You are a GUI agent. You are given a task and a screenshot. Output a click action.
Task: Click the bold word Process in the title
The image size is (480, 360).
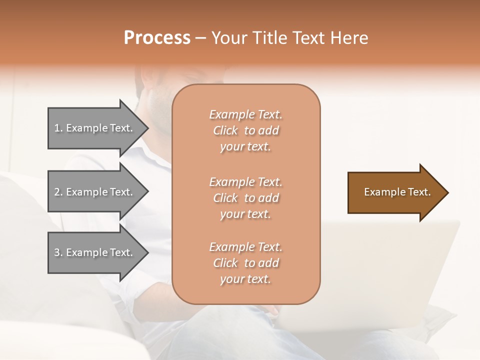pos(157,38)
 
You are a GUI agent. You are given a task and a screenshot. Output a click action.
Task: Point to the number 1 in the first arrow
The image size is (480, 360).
pos(57,128)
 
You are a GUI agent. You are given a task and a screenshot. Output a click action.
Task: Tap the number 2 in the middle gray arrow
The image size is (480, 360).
pos(57,192)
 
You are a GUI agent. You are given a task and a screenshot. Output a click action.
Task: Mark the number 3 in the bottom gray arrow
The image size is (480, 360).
pos(57,252)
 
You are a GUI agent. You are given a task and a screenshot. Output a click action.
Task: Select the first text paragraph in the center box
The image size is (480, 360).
pos(245,130)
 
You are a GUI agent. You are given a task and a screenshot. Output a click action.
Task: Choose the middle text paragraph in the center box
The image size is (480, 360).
pos(245,198)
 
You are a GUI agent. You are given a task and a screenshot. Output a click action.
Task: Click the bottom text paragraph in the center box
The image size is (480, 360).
pos(245,263)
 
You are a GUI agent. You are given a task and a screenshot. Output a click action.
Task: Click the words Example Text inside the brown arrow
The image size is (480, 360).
pos(397,192)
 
